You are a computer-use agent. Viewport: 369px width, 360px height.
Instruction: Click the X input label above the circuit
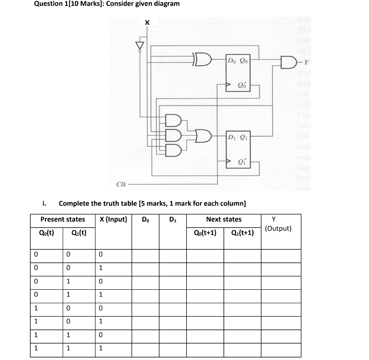[x=146, y=23]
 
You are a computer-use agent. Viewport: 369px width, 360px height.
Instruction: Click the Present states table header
[x=62, y=219]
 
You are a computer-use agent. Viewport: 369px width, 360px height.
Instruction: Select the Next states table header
[x=223, y=219]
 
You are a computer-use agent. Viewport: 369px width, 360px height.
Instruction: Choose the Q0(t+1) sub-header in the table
[x=205, y=233]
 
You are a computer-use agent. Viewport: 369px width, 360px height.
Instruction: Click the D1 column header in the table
[x=173, y=219]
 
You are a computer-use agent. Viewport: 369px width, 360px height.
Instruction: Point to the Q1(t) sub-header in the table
[x=79, y=233]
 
